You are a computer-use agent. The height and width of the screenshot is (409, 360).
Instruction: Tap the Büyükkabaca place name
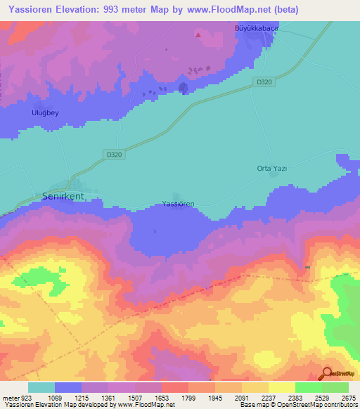tap(256, 29)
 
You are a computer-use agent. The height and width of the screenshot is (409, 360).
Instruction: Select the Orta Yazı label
tap(272, 169)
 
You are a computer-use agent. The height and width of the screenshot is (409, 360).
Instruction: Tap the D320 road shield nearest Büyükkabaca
tap(264, 82)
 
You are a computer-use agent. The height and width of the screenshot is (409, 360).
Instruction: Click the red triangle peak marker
tap(198, 34)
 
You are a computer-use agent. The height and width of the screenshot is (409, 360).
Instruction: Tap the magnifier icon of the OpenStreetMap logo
tap(326, 375)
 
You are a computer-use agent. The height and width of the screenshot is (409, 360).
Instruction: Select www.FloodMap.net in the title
tap(231, 10)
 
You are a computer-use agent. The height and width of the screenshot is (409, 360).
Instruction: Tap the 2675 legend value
tap(349, 397)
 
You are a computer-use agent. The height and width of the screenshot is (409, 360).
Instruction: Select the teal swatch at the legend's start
tap(41, 387)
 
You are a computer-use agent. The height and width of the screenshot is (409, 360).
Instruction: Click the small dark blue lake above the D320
tap(184, 88)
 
